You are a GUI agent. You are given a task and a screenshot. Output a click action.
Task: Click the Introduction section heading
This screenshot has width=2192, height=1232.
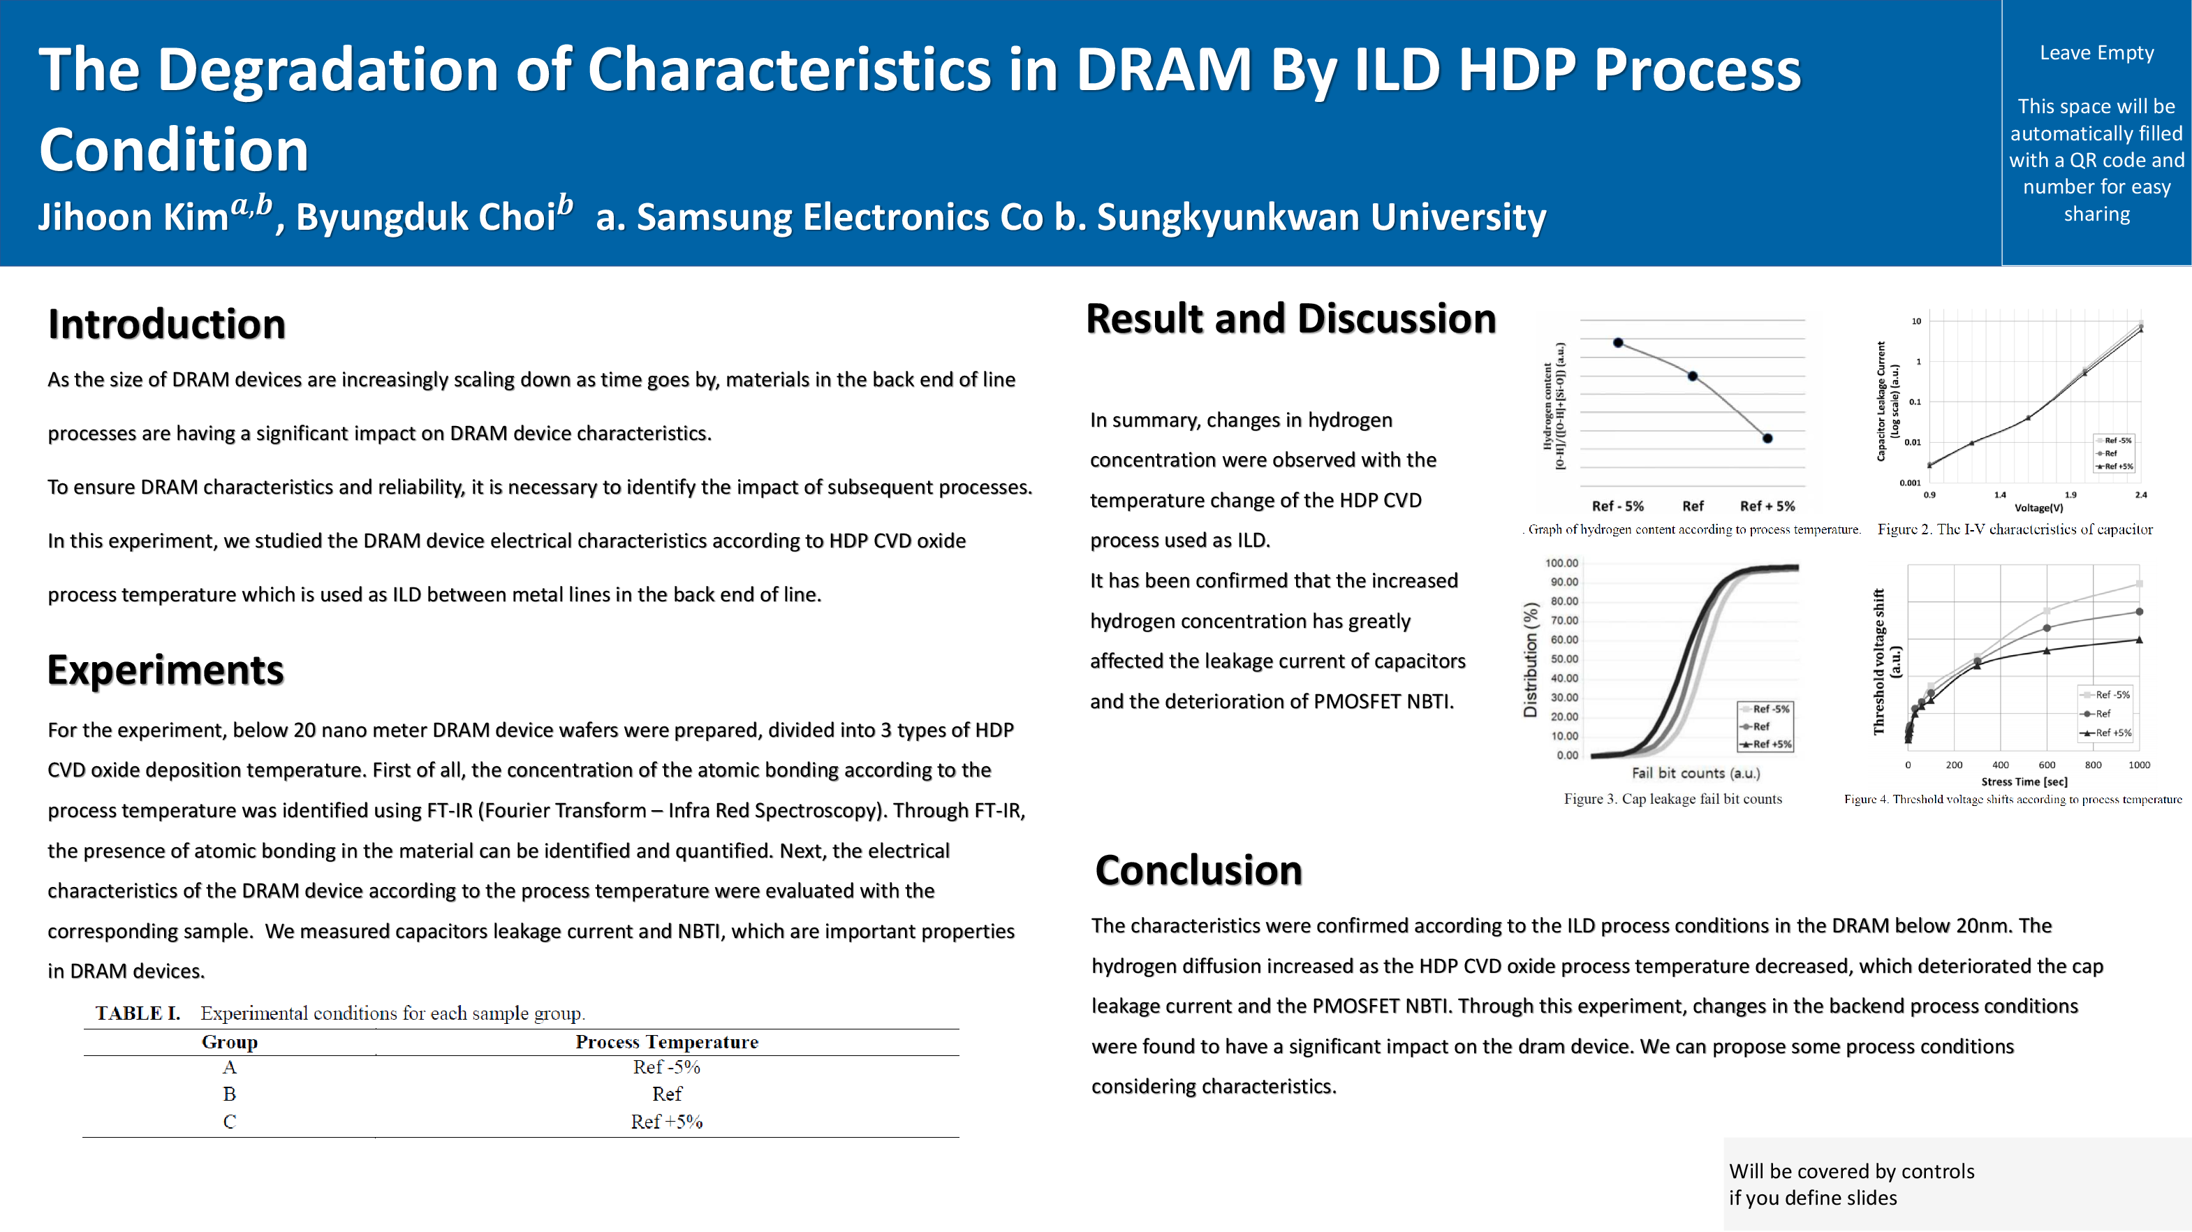[x=167, y=324]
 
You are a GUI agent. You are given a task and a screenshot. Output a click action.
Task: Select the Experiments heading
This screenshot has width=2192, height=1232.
[x=165, y=670]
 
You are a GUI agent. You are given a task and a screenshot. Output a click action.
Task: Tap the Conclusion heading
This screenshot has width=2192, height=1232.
[x=1198, y=870]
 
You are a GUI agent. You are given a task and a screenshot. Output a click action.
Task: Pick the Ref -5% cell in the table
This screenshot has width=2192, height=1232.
[x=666, y=1067]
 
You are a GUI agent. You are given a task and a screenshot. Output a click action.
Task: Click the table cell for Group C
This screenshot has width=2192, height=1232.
[x=230, y=1122]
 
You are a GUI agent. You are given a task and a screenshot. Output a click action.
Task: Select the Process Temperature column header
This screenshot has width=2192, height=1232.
[x=666, y=1041]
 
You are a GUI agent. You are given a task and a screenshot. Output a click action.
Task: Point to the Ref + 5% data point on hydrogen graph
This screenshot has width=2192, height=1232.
[x=1767, y=438]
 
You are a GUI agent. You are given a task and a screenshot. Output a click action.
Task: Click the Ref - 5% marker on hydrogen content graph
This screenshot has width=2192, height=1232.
[x=1619, y=343]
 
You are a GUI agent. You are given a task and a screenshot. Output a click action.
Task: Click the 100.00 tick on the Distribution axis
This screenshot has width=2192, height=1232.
[x=1561, y=563]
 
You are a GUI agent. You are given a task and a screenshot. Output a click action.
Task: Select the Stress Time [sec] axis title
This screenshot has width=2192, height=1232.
[x=2024, y=781]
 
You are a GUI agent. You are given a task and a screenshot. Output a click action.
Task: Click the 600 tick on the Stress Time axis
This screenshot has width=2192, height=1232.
[x=2047, y=765]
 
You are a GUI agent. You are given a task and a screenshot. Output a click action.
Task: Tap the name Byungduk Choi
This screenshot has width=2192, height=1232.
[x=425, y=217]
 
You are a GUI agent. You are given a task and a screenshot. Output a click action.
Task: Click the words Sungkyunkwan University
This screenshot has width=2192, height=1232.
[x=1321, y=217]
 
